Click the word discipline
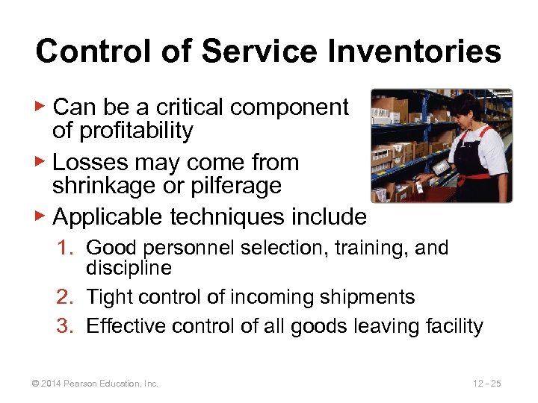[129, 267]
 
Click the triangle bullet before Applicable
[42, 217]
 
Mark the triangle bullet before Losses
[42, 163]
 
